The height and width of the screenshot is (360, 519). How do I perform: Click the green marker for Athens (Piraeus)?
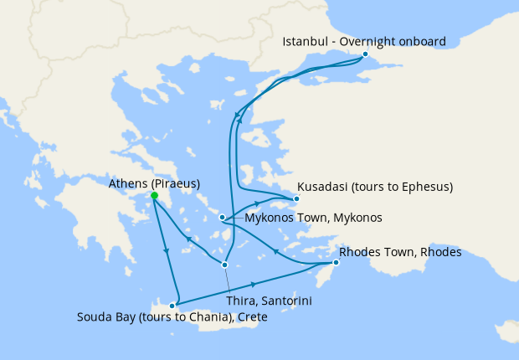click(x=154, y=196)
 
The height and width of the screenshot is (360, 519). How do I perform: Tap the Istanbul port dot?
click(x=365, y=55)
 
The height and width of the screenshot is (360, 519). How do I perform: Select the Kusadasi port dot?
click(x=295, y=199)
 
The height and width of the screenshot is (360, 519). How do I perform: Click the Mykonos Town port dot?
click(x=222, y=218)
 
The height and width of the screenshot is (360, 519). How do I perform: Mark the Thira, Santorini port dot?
click(x=224, y=265)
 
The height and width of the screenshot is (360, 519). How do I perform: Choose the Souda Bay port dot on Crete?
click(x=172, y=305)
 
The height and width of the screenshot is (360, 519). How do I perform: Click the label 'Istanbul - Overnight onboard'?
click(x=363, y=41)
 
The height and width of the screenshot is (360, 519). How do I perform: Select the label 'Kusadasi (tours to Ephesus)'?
click(x=375, y=186)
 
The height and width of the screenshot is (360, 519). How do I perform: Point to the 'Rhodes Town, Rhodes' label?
click(x=400, y=251)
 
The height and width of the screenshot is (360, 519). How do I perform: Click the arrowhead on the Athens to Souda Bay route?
click(x=166, y=252)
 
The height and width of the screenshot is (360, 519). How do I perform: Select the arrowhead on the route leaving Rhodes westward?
click(x=275, y=250)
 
